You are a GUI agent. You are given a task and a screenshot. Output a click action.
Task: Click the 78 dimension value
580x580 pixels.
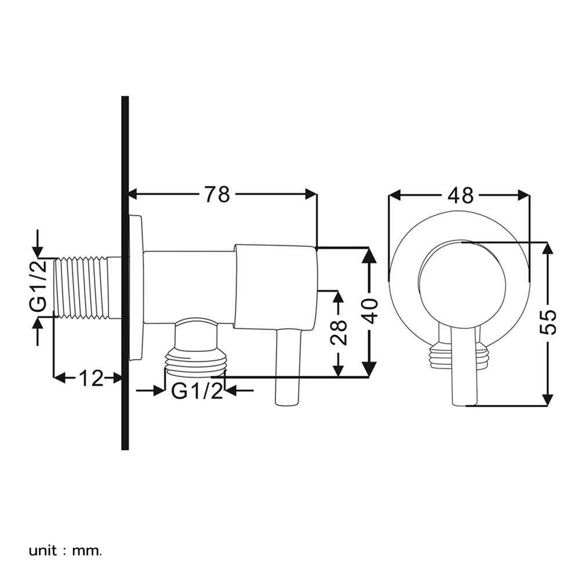pyautogui.click(x=217, y=194)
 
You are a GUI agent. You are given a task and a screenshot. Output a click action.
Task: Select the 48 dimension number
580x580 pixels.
pyautogui.click(x=461, y=195)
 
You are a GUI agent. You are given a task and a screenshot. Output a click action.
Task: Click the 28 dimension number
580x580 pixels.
pyautogui.click(x=339, y=332)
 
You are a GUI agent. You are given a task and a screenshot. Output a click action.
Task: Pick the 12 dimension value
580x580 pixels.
pyautogui.click(x=90, y=378)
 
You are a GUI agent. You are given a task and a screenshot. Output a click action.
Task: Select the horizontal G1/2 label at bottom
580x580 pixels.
pyautogui.click(x=198, y=390)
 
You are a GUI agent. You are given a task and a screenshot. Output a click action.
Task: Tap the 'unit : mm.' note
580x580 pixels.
pyautogui.click(x=65, y=551)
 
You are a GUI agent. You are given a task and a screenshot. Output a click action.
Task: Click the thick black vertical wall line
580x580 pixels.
pyautogui.click(x=125, y=273)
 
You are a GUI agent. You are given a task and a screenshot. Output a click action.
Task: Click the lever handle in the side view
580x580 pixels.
pyautogui.click(x=288, y=366)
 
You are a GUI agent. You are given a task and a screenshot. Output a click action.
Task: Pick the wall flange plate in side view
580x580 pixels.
pyautogui.click(x=136, y=288)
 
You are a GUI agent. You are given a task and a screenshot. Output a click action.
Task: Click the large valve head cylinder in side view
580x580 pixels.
pyautogui.click(x=275, y=287)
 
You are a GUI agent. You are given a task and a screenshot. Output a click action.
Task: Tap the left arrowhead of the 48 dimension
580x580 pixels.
pyautogui.click(x=395, y=194)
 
